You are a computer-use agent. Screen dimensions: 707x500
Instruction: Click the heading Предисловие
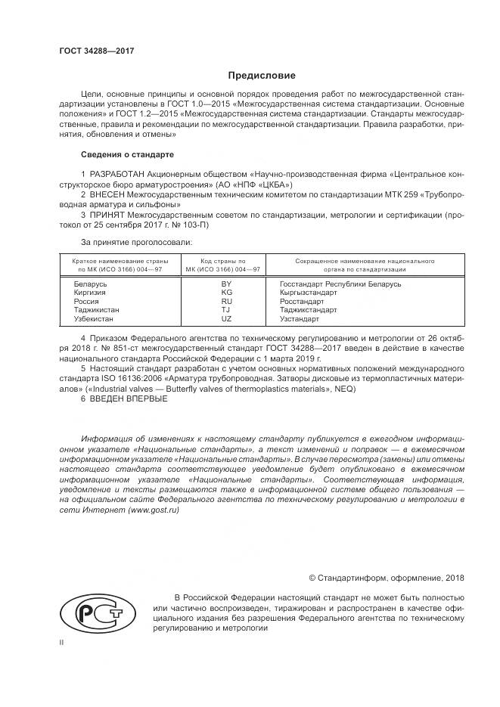pos(262,76)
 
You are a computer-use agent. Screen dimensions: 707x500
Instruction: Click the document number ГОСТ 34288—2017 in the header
pos(96,51)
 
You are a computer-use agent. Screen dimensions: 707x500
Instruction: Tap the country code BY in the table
pos(225,284)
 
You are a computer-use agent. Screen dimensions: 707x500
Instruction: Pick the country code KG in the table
pos(225,292)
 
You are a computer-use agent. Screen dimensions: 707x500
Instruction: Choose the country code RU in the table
pos(225,301)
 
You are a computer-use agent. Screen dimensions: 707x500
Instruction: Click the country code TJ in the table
pos(225,310)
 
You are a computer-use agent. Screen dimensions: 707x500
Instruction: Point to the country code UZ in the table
pos(225,319)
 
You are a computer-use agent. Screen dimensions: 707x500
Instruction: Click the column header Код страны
pos(225,260)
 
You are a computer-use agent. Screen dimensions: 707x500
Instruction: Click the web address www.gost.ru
pos(154,510)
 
